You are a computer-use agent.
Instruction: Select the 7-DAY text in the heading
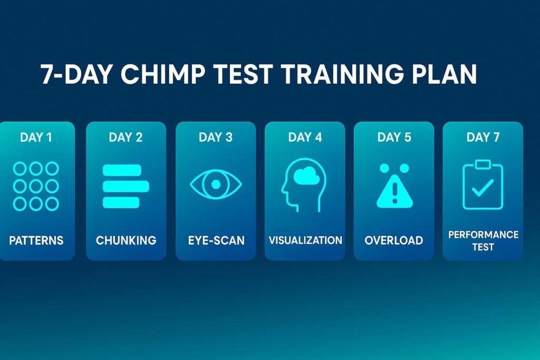[x=77, y=75]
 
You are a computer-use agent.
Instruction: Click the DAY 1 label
[x=36, y=138]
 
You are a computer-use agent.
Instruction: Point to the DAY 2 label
[x=126, y=138]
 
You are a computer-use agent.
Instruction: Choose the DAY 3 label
[x=215, y=138]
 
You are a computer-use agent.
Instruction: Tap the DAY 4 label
[x=305, y=138]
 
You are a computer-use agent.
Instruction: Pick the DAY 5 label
[x=394, y=138]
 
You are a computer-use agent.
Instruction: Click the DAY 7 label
[x=483, y=138]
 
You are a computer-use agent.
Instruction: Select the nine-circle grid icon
[x=36, y=186]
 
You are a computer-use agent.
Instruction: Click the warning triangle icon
[x=394, y=192]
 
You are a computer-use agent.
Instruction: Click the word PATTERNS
[x=36, y=241]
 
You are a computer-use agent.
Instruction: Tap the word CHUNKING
[x=126, y=241]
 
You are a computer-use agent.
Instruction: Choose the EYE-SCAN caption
[x=216, y=241]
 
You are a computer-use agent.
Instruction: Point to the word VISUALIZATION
[x=305, y=240]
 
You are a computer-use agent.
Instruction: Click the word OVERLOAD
[x=394, y=241]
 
